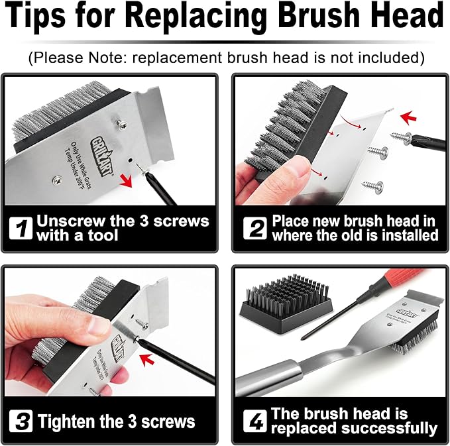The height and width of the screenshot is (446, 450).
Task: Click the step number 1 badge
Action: click(21, 229)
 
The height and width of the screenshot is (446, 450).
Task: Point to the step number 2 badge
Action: click(254, 229)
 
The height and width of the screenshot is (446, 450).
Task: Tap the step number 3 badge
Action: click(21, 421)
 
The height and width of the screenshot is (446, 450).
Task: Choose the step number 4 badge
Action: click(254, 421)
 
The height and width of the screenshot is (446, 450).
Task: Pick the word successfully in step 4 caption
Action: click(390, 429)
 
